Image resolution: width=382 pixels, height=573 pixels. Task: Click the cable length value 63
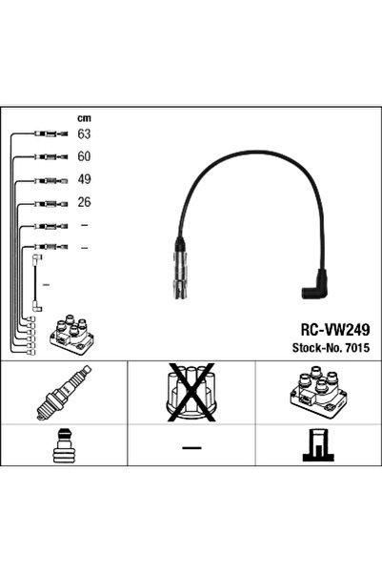pyautogui.click(x=84, y=134)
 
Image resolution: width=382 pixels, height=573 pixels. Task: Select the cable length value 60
pyautogui.click(x=84, y=156)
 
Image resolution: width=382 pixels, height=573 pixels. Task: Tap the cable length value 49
pyautogui.click(x=84, y=179)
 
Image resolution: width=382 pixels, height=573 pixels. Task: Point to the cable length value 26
pyautogui.click(x=84, y=202)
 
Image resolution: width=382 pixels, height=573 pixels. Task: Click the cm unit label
pyautogui.click(x=84, y=118)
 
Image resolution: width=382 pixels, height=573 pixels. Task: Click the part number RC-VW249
pyautogui.click(x=335, y=330)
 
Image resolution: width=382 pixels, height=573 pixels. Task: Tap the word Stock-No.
pyautogui.click(x=316, y=348)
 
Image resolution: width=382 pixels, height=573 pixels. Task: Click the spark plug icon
pyautogui.click(x=64, y=393)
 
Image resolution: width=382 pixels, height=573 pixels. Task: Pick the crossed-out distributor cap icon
pyautogui.click(x=191, y=392)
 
